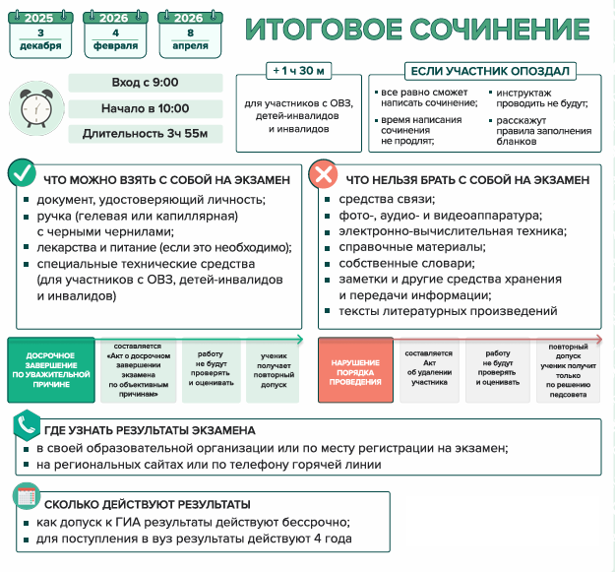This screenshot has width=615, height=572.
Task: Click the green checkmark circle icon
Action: pyautogui.click(x=22, y=175)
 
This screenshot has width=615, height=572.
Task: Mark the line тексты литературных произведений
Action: pyautogui.click(x=448, y=311)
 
